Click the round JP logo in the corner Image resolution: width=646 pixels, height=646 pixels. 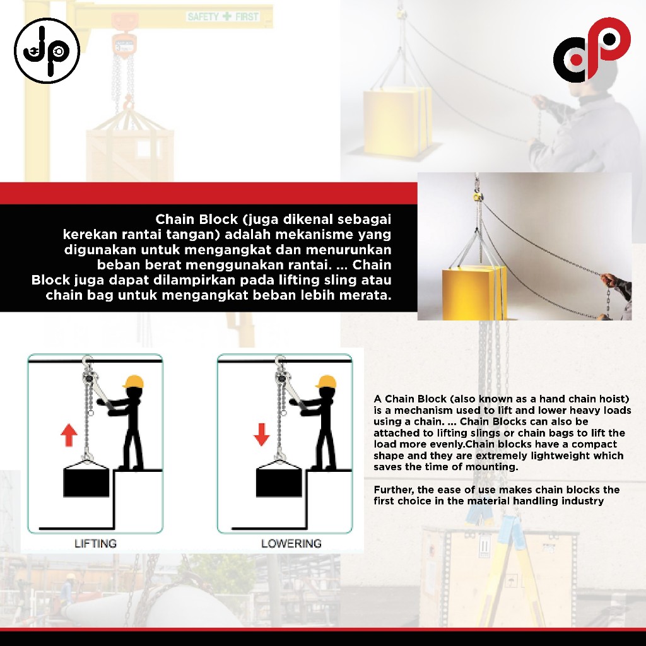47,50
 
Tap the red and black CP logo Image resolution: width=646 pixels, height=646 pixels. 592,49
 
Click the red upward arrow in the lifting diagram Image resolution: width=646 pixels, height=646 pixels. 69,435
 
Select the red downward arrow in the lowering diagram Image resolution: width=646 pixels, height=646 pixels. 262,434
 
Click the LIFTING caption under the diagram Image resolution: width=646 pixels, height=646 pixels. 96,543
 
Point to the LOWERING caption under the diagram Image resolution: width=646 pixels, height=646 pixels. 291,543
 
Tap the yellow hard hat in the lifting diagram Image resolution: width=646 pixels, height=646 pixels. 134,382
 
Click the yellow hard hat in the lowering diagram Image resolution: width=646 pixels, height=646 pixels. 326,382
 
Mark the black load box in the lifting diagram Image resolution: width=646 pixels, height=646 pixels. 86,483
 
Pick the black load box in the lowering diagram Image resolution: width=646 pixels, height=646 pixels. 279,483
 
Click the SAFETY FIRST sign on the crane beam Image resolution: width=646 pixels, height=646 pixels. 223,16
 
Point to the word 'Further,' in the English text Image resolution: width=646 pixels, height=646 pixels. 394,490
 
